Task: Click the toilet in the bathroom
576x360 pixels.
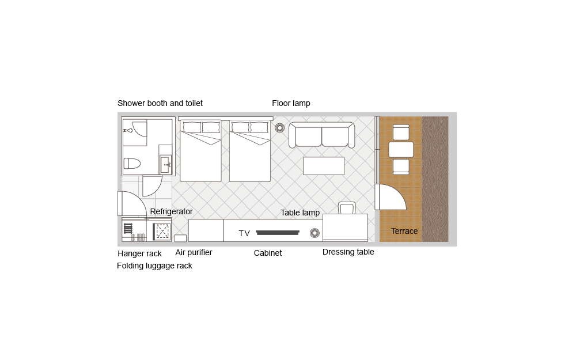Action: click(132, 164)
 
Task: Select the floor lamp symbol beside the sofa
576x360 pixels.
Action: click(279, 128)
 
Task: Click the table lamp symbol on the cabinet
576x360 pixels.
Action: click(315, 233)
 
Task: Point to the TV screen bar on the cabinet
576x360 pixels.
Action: click(278, 233)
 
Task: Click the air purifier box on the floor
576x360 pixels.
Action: click(180, 238)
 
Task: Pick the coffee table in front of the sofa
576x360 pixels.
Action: click(324, 166)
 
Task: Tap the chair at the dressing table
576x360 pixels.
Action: click(347, 208)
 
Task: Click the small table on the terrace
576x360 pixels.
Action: click(401, 150)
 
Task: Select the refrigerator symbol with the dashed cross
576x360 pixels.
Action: click(162, 232)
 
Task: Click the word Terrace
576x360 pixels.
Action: click(404, 231)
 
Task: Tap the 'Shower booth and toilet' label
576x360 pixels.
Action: click(160, 103)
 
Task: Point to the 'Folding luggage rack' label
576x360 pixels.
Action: click(154, 266)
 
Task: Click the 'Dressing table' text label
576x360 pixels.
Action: click(348, 252)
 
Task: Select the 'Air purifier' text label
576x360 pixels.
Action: click(194, 252)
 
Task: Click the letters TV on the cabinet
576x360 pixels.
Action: click(244, 233)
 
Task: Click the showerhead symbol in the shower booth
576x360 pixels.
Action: click(128, 130)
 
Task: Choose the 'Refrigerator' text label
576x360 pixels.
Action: click(171, 211)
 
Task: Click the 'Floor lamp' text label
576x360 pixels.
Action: click(291, 103)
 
